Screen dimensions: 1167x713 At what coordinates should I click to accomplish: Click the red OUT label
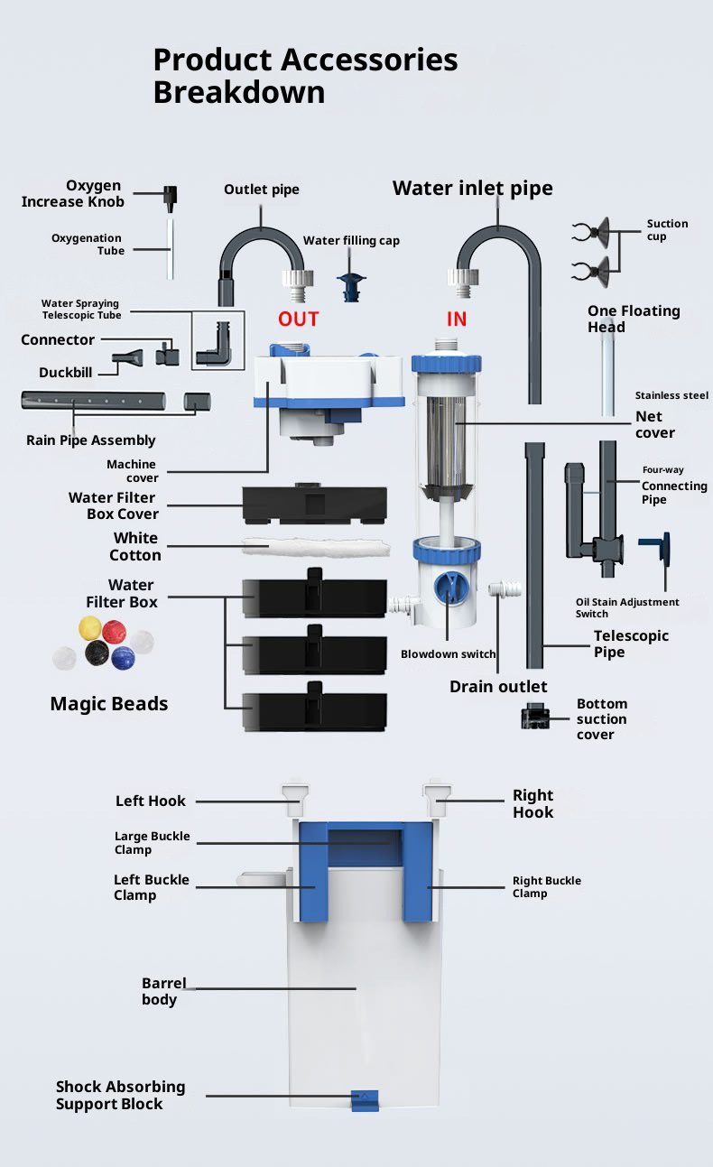click(298, 319)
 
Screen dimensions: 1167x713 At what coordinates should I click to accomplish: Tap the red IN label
click(457, 319)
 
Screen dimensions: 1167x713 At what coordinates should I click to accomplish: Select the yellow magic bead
click(89, 625)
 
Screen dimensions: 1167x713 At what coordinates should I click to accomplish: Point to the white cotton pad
click(315, 545)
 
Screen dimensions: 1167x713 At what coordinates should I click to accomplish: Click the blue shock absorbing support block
click(365, 1100)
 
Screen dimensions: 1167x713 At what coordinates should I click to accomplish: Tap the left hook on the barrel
click(296, 798)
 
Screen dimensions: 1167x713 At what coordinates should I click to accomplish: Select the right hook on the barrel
click(435, 798)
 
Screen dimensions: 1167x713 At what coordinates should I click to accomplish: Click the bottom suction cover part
click(535, 716)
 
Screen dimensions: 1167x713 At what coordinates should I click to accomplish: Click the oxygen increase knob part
click(170, 195)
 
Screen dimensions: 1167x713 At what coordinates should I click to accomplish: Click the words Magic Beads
click(109, 704)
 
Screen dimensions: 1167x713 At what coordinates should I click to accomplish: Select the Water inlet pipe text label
click(472, 188)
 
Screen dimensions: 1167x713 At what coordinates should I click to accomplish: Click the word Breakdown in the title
click(239, 92)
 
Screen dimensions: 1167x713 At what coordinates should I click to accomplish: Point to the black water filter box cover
click(314, 505)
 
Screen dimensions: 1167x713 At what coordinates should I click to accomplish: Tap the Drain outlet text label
click(498, 687)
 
